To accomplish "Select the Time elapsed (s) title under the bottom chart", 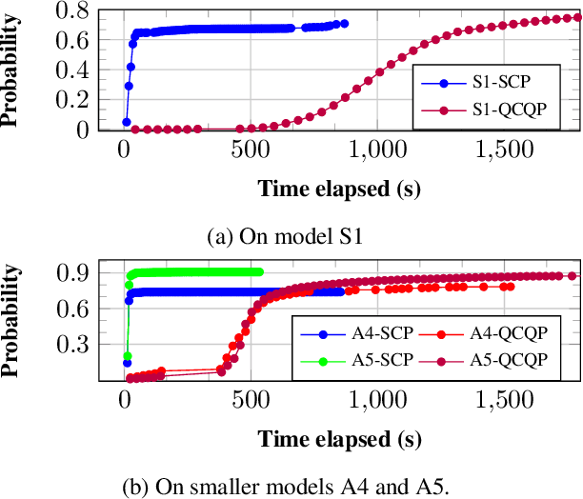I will [338, 439].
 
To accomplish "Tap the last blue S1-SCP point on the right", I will [344, 24].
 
